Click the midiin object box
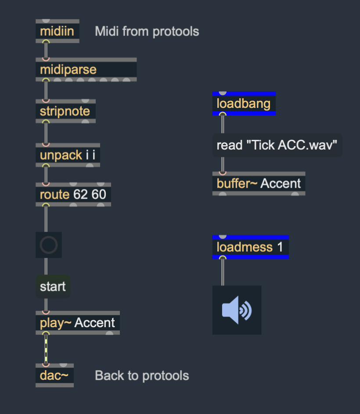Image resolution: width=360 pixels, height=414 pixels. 58,31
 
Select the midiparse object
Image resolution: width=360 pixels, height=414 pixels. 86,69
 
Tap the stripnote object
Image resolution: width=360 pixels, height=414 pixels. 65,111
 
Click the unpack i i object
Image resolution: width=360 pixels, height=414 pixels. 68,155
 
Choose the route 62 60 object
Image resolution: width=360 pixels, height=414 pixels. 73,194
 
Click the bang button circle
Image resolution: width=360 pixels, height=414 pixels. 49,245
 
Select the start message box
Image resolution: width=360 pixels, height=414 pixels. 53,286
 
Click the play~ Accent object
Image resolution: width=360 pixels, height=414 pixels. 78,323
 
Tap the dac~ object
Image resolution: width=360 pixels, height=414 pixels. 55,375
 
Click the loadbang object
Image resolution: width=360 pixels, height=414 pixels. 244,103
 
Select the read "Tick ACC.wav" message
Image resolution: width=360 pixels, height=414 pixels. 277,145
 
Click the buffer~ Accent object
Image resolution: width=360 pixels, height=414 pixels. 259,183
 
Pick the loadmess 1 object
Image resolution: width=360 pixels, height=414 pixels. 251,247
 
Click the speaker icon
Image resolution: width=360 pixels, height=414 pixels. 237,310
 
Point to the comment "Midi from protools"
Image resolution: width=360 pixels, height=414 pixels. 147,32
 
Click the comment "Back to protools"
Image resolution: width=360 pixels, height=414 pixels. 142,375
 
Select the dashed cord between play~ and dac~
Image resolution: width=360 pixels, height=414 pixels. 46,349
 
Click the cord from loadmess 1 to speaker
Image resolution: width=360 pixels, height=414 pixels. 223,272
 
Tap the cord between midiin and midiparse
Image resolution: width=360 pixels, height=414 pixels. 46,50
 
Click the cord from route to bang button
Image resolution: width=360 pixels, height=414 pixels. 46,219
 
